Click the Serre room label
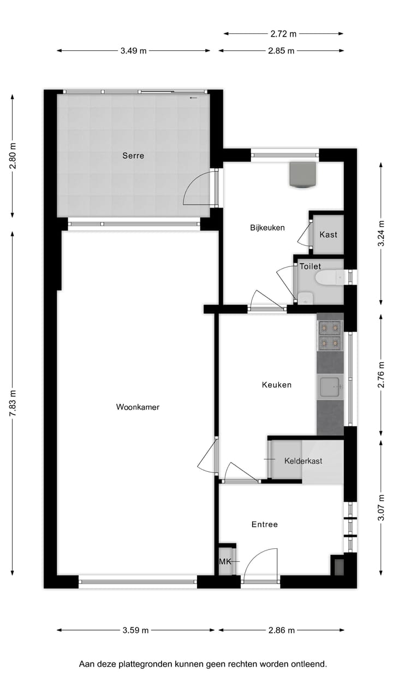133,156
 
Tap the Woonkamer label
138,407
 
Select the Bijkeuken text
267,228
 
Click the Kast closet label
329,235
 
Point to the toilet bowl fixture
327,279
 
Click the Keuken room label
277,384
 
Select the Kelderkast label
303,461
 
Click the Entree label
265,524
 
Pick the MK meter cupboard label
224,562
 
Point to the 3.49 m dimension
134,51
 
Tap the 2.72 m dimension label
283,34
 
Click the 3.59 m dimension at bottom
135,630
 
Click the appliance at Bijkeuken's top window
303,175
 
